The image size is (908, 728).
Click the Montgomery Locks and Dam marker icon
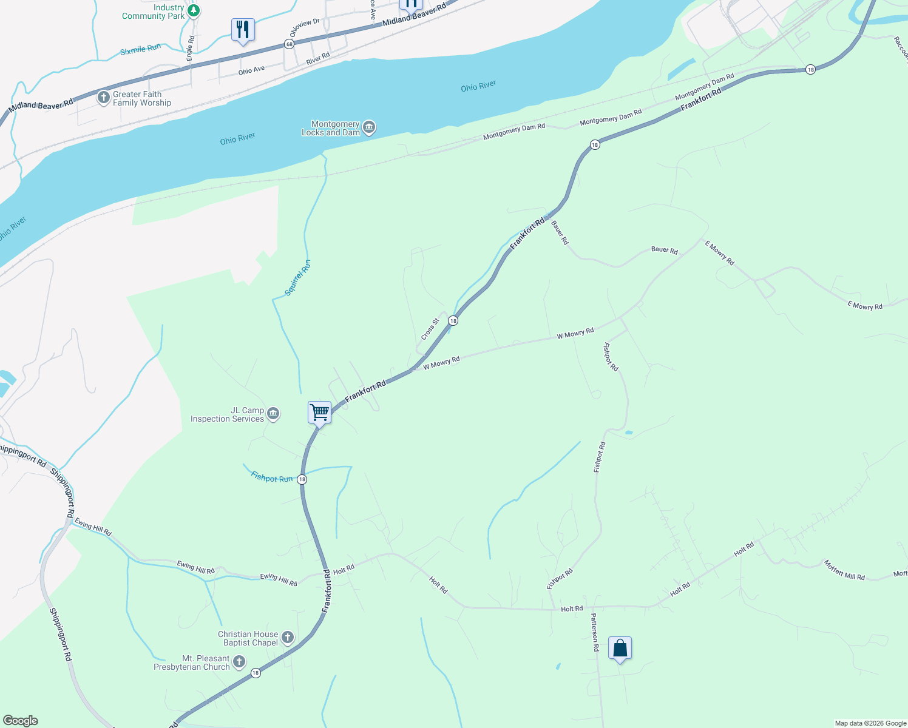369,128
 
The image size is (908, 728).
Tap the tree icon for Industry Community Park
193,10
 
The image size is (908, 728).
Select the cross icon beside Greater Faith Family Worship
103,98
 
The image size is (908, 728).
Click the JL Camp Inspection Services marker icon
273,414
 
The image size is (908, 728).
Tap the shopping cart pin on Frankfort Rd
319,413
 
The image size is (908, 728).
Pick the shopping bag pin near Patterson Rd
620,649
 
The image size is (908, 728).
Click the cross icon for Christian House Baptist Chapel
288,638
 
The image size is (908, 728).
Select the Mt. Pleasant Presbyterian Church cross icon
239,662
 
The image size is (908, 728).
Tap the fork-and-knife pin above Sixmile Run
243,30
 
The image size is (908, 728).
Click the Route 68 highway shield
290,44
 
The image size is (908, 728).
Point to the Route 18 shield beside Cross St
453,320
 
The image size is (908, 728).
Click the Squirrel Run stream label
298,278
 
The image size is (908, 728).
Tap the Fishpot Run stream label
271,478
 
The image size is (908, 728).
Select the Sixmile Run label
140,50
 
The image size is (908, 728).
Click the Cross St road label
430,329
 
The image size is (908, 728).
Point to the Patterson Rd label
595,632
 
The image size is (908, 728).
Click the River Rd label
317,59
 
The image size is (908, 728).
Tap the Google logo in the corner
21,721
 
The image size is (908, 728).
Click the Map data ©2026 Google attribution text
870,723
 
